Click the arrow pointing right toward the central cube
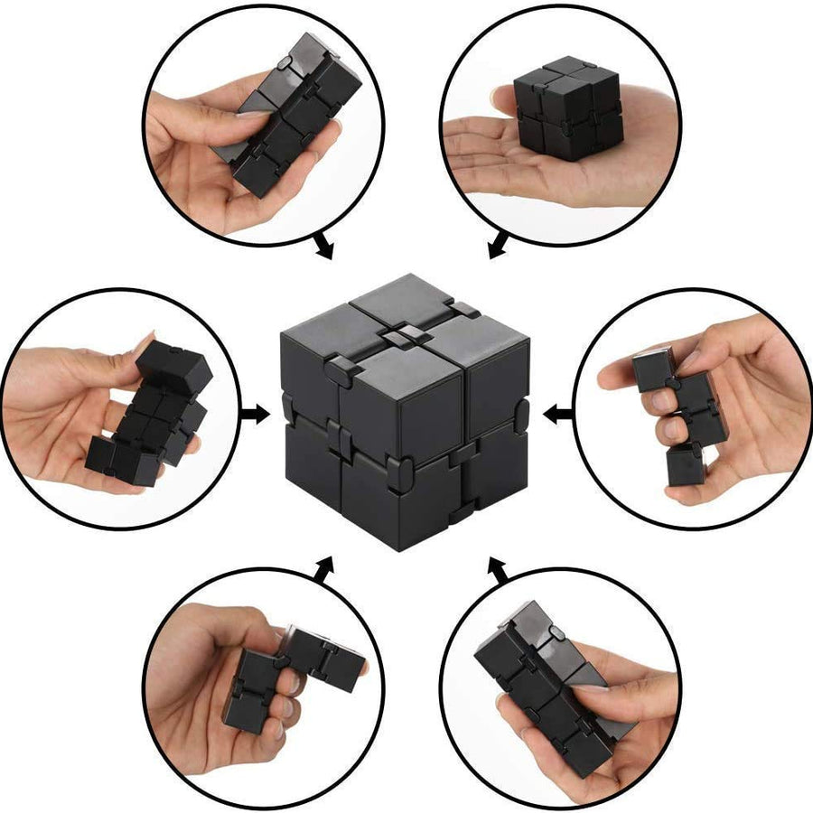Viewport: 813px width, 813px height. click(x=257, y=415)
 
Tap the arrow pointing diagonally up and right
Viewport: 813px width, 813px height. click(x=322, y=569)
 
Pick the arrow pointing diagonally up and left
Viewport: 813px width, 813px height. click(x=496, y=569)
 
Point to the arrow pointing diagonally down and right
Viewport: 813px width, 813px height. click(x=321, y=247)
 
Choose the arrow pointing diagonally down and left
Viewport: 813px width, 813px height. click(x=496, y=246)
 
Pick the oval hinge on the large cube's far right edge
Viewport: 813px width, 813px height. click(x=523, y=415)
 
